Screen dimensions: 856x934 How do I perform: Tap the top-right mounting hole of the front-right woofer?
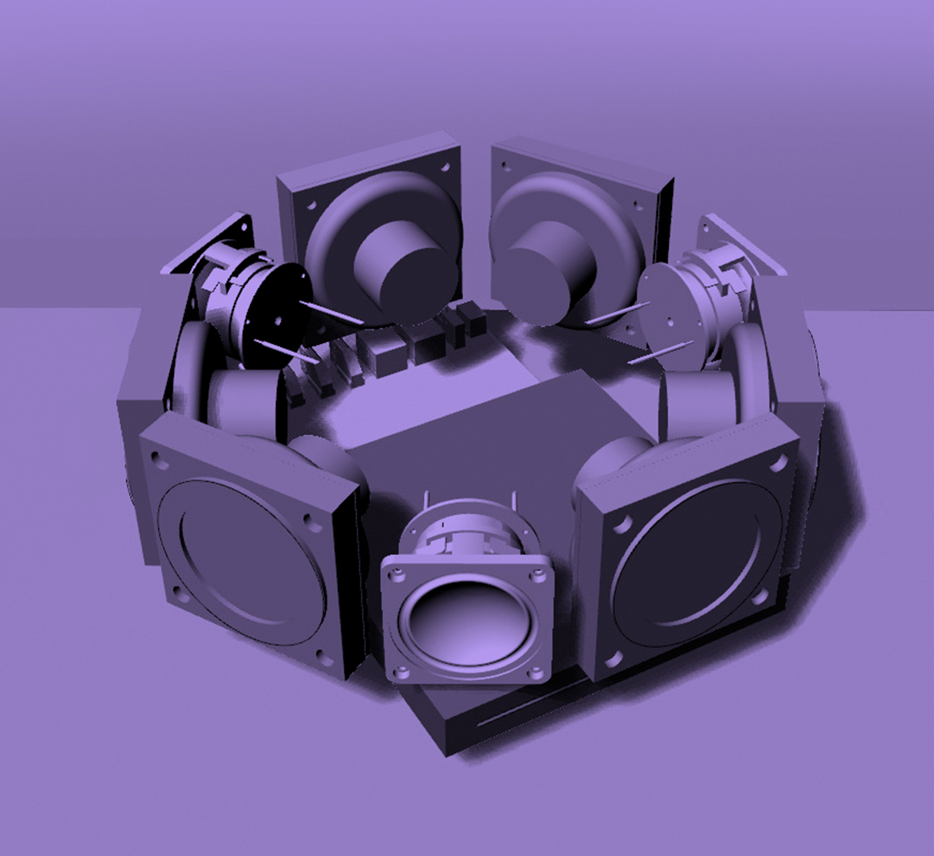tap(776, 464)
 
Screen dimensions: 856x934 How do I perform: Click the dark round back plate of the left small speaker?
tap(275, 313)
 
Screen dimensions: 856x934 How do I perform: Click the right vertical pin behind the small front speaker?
tap(514, 501)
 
